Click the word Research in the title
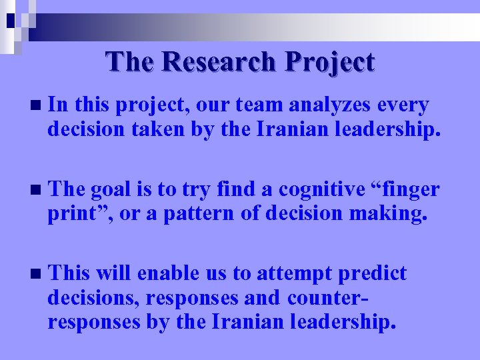(217, 62)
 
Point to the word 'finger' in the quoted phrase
(411, 190)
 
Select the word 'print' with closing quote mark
(73, 214)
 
